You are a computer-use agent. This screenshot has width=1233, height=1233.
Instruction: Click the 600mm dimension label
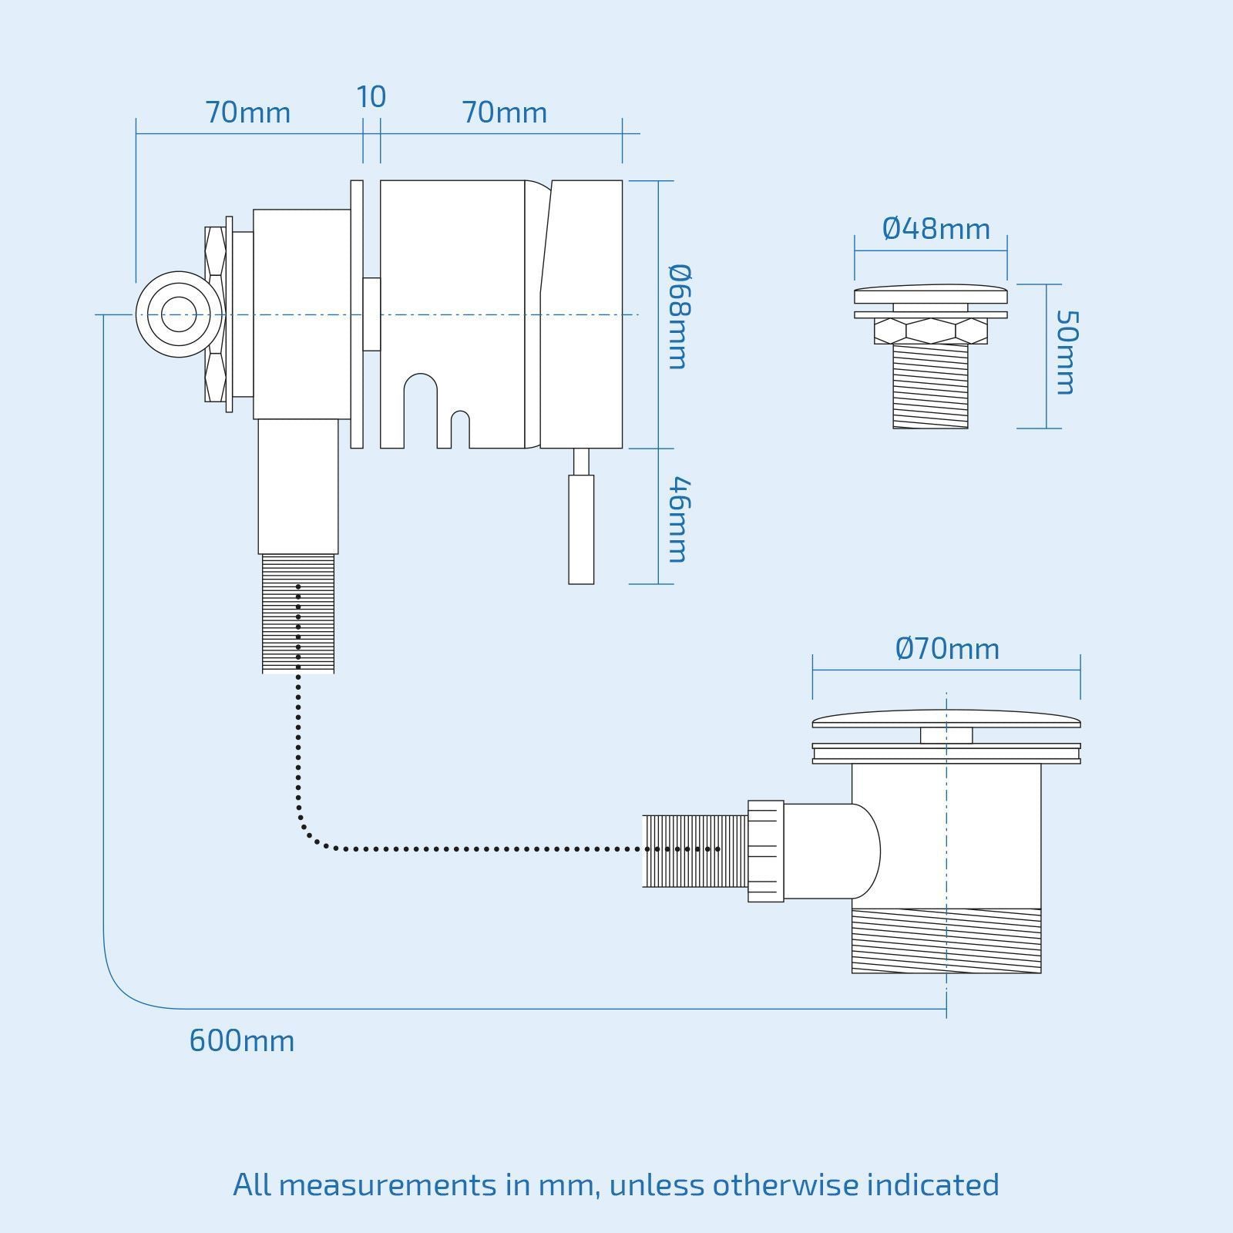[x=241, y=1041]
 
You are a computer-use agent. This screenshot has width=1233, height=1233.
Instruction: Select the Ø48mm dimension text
[x=936, y=229]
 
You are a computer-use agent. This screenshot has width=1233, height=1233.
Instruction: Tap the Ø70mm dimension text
[x=947, y=649]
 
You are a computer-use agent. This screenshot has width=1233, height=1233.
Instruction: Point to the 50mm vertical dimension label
[x=1067, y=353]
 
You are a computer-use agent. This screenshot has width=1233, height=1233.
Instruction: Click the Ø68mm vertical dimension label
[x=679, y=317]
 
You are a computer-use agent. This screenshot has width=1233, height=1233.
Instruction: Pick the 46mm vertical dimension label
[x=679, y=520]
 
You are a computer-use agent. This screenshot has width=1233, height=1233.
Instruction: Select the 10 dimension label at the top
[x=371, y=97]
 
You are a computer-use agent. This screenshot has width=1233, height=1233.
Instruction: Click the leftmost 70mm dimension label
[x=247, y=113]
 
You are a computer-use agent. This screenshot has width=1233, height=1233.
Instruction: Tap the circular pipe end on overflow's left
[x=177, y=314]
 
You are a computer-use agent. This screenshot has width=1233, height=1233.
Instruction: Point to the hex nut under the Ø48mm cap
[x=930, y=331]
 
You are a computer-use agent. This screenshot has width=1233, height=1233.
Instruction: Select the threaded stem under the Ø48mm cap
[x=930, y=386]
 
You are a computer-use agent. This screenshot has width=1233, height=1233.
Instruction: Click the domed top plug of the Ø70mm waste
[x=946, y=719]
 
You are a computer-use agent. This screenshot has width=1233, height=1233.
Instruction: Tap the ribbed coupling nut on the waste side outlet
[x=765, y=851]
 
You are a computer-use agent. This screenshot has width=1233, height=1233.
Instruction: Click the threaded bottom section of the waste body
[x=946, y=941]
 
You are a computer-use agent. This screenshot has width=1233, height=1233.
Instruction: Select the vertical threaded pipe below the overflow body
[x=298, y=613]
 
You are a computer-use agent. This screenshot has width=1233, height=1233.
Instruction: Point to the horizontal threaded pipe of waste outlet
[x=694, y=851]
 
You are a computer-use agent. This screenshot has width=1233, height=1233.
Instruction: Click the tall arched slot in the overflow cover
[x=420, y=408]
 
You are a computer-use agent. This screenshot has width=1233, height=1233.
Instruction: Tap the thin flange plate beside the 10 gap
[x=357, y=314]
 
